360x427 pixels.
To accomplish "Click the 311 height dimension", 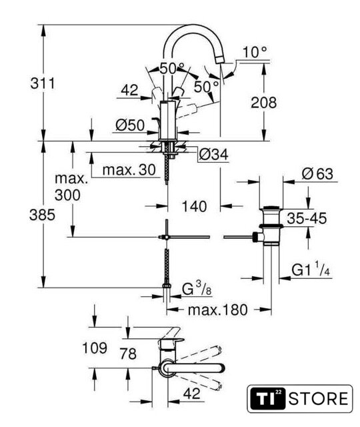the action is [43, 83].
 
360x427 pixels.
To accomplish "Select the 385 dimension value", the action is [42, 215].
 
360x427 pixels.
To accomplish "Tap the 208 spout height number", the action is [263, 102].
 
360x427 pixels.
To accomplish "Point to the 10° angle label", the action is [255, 52].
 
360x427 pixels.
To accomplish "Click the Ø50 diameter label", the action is [130, 125].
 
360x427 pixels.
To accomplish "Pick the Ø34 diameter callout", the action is [213, 155].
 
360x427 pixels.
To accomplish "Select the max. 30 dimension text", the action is [129, 170].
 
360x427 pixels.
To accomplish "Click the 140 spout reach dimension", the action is [194, 206].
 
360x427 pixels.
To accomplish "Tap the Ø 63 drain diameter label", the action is [317, 173].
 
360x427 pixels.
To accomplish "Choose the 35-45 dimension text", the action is [307, 218].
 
